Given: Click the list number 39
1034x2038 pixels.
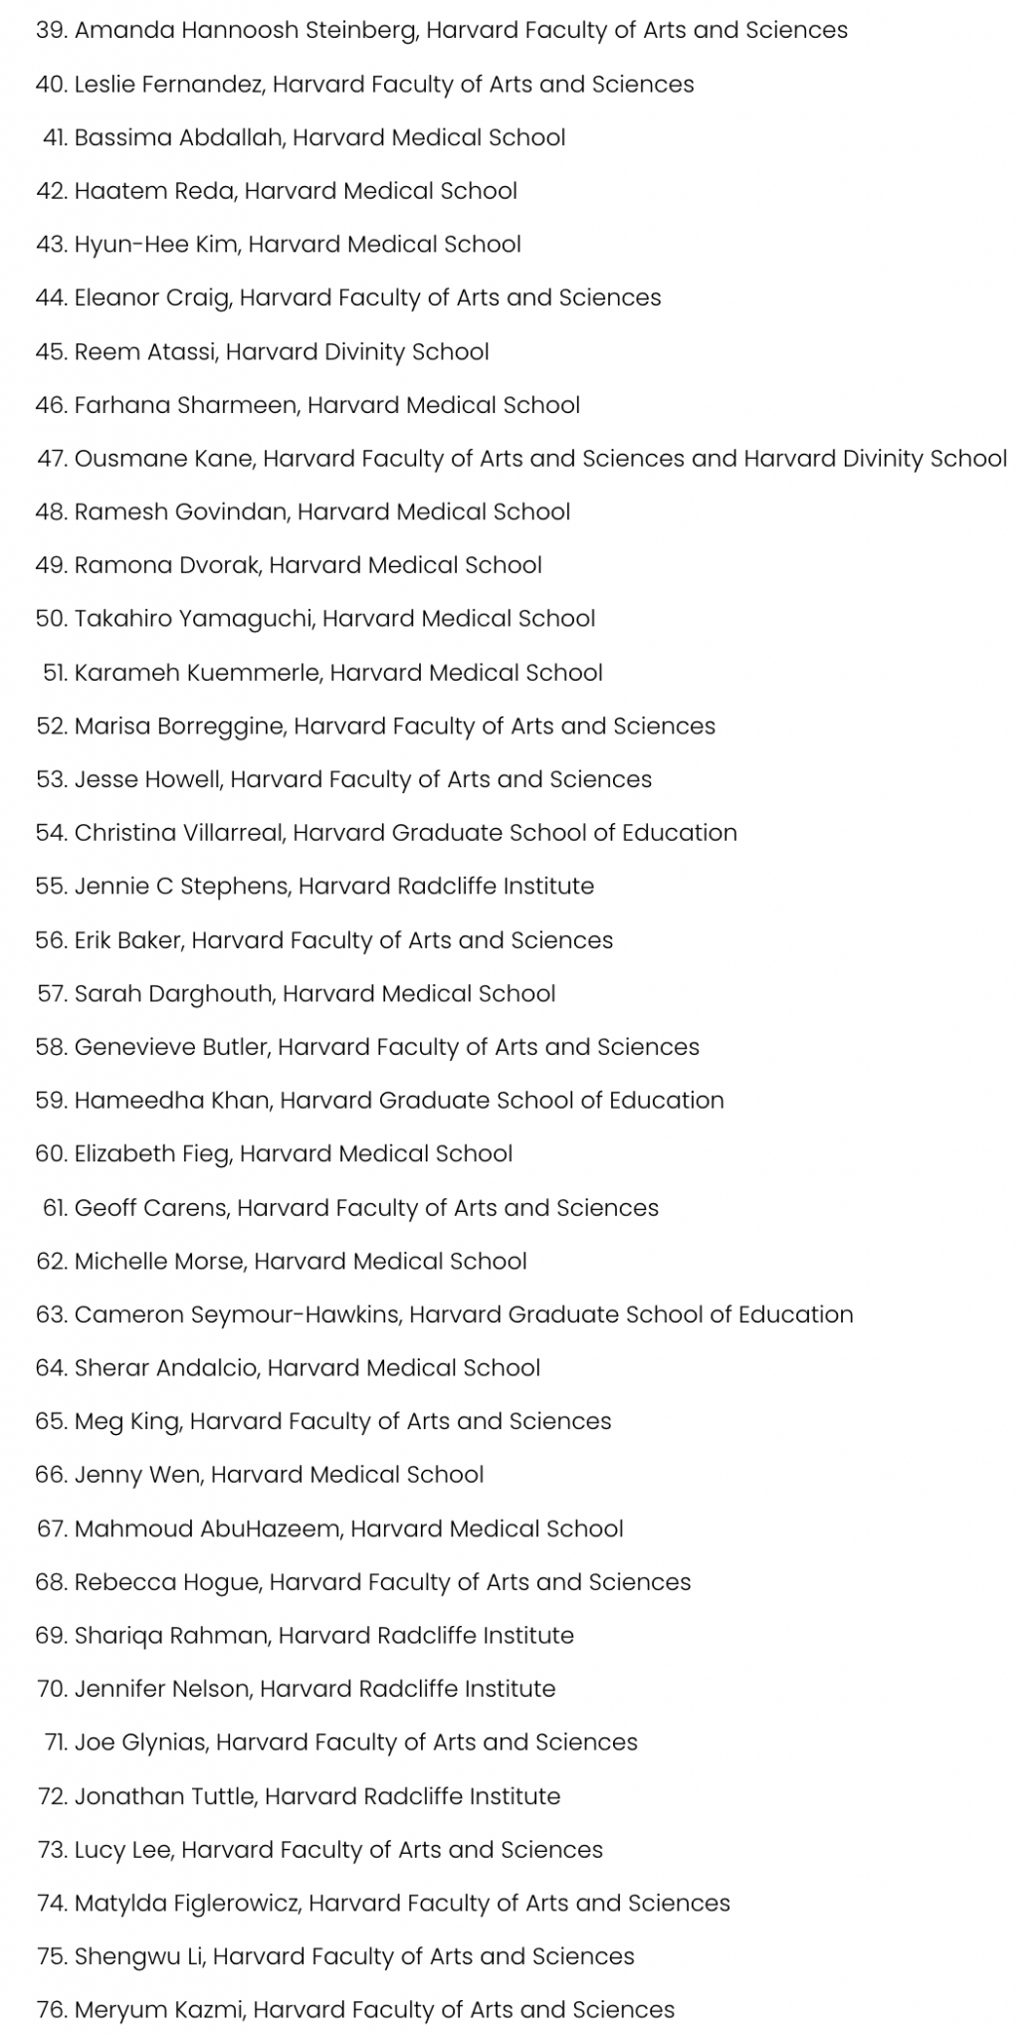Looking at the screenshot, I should [x=50, y=30].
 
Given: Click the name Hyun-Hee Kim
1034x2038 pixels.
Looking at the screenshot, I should [x=157, y=244].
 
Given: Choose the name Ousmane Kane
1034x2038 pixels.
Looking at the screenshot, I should [x=164, y=458].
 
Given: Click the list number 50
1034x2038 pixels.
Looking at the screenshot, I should [x=51, y=618].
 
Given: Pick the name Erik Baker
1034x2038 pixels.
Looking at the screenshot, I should [x=128, y=939].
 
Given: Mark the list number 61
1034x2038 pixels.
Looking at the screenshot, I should [x=54, y=1207].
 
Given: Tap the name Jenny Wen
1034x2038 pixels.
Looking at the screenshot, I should [x=138, y=1474].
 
